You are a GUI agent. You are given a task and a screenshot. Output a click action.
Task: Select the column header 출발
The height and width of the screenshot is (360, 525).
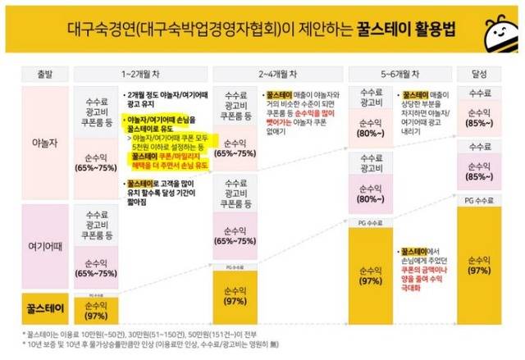tap(37, 73)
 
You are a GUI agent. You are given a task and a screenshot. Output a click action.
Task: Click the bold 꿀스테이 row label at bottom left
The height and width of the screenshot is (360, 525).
tap(37, 309)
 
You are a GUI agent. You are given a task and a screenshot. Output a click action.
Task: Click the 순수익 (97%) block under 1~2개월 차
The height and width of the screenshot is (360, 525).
tap(97, 310)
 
